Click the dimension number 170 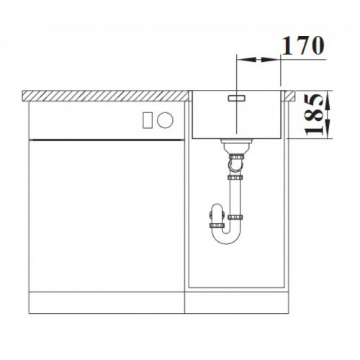click(x=303, y=45)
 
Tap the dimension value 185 click(x=315, y=114)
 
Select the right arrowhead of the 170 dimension click(x=271, y=59)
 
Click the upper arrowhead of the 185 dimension click(x=328, y=100)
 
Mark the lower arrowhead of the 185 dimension click(x=328, y=129)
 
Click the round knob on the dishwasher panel click(x=165, y=120)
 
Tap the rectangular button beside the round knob click(x=147, y=120)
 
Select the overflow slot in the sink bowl click(x=237, y=98)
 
